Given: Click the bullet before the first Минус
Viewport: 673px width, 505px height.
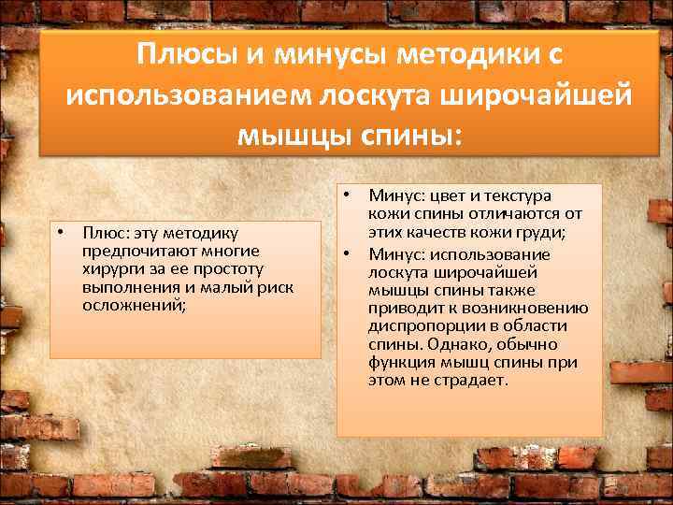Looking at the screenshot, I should click(x=345, y=195).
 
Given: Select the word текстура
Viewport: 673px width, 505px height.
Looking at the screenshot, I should click(x=519, y=196).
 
